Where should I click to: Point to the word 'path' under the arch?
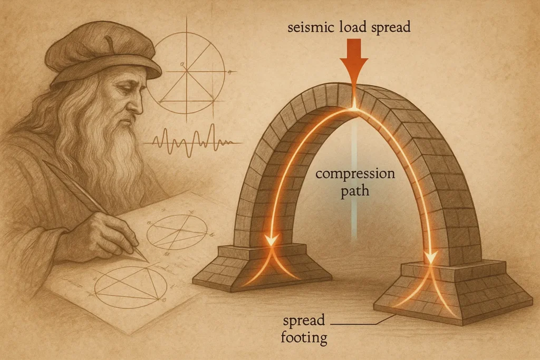tap(354, 189)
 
